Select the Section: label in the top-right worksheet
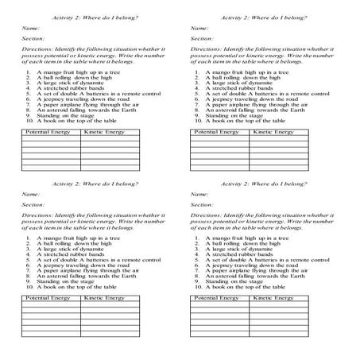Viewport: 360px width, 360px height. coord(203,37)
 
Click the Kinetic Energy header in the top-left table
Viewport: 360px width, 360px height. coord(103,130)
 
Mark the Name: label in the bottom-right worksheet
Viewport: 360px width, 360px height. coord(200,193)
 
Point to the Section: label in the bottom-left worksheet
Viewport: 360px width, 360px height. coord(33,204)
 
